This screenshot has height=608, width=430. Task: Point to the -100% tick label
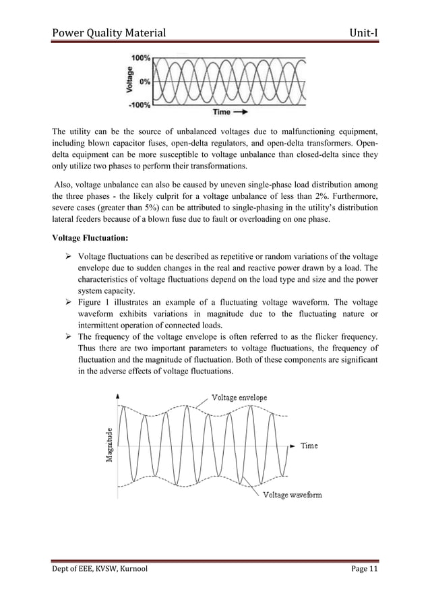[x=139, y=104]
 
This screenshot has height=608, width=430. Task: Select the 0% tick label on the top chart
[x=144, y=82]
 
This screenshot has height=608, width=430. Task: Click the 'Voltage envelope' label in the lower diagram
[x=239, y=398]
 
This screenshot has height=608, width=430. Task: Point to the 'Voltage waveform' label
[x=292, y=495]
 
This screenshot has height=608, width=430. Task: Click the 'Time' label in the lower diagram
[x=309, y=446]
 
